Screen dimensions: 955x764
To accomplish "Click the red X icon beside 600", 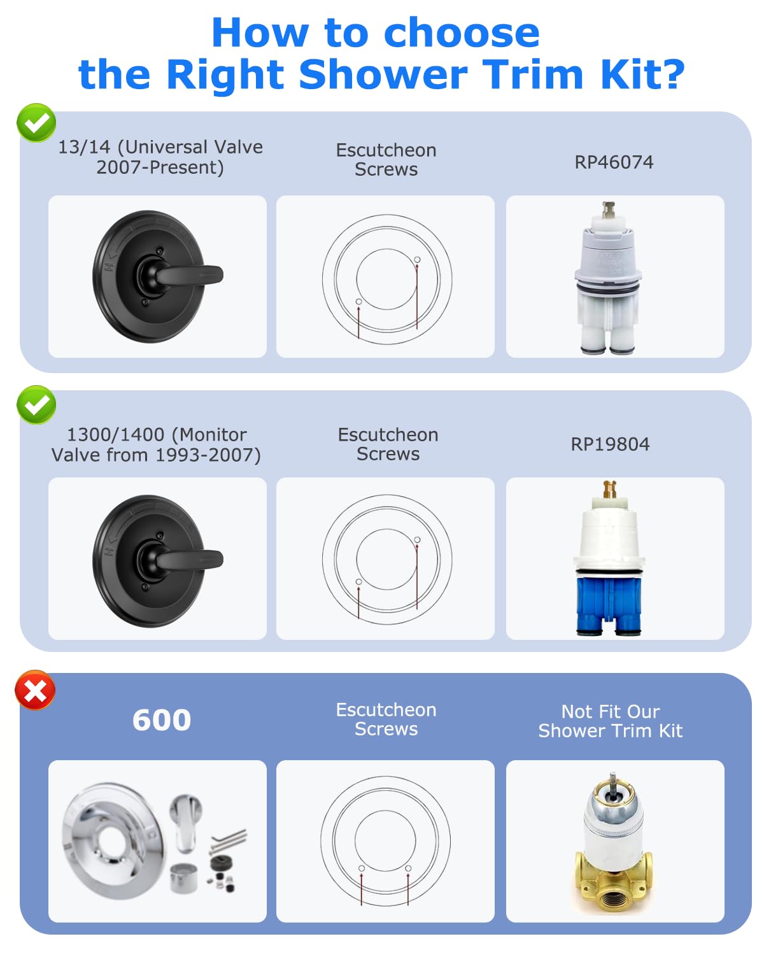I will click(x=36, y=691).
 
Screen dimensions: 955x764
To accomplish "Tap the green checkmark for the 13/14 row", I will click(x=36, y=122).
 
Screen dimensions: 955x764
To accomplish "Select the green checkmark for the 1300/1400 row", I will click(x=36, y=405).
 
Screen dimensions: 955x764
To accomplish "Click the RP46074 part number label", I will click(x=614, y=162).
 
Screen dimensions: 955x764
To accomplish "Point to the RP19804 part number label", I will click(x=610, y=444).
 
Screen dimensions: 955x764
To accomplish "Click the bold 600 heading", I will click(x=162, y=720).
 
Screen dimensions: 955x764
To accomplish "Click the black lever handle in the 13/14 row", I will click(x=188, y=275).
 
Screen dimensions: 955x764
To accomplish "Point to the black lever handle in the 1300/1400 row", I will click(x=188, y=560).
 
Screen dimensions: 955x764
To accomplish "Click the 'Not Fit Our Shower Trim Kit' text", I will click(x=610, y=721).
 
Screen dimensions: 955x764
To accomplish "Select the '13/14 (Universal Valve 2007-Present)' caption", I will click(x=160, y=157).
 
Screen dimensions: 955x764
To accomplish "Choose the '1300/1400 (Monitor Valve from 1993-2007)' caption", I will click(x=157, y=445).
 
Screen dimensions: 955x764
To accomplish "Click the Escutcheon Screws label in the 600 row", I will click(x=386, y=719).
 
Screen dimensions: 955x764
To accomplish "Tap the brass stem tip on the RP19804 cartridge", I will click(x=610, y=489).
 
